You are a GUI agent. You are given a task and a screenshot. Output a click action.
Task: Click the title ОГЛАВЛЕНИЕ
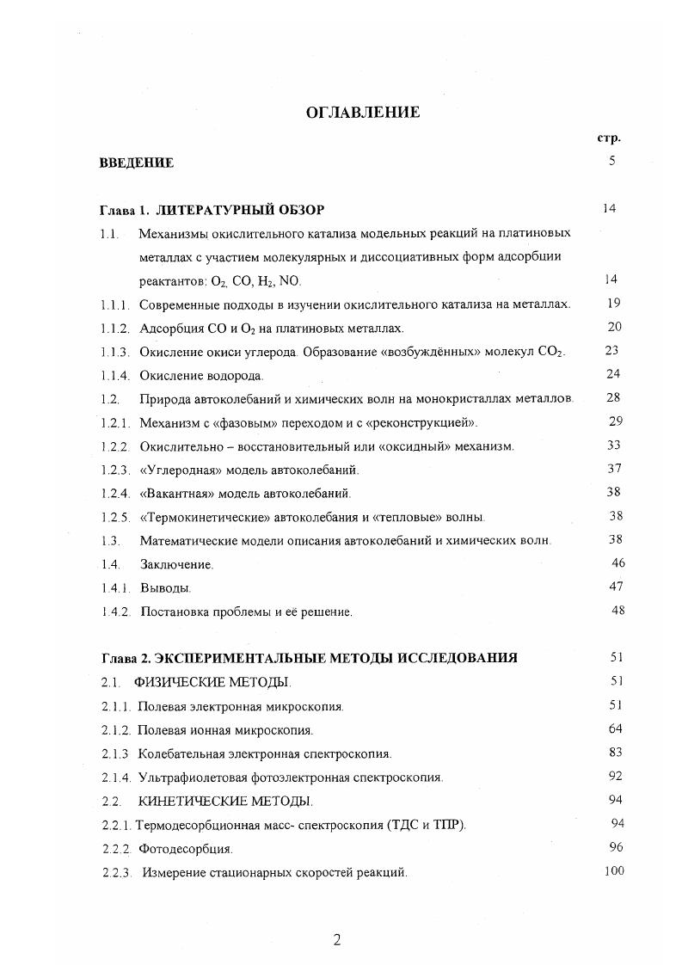click(363, 112)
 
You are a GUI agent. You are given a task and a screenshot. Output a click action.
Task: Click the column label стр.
click(609, 138)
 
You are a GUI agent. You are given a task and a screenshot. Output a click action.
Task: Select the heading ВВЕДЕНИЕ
click(137, 163)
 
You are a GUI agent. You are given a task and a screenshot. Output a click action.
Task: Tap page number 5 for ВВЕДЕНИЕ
click(611, 160)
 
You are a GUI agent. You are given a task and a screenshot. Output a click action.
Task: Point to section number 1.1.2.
click(114, 329)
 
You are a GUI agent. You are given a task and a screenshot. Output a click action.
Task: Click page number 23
click(611, 350)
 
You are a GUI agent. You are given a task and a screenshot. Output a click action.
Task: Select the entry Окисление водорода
click(201, 376)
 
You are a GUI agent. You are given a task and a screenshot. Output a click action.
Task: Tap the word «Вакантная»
click(173, 494)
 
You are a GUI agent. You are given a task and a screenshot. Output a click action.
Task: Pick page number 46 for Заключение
click(617, 562)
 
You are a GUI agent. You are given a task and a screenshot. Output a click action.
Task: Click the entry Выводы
click(165, 588)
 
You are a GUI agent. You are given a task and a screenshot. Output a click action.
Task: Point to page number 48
click(617, 610)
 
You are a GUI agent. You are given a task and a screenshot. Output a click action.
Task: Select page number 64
click(615, 728)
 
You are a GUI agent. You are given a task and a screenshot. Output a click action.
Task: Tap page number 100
click(613, 870)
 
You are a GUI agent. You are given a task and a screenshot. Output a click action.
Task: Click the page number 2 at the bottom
click(337, 939)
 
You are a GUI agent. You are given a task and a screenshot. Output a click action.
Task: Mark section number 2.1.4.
click(114, 778)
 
